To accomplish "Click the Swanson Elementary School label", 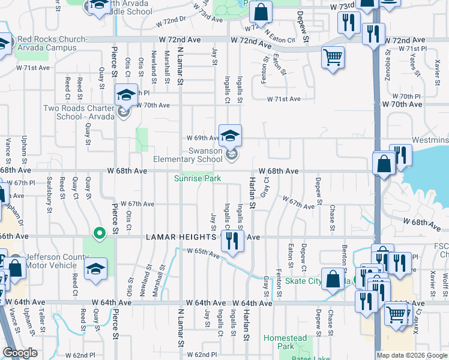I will point(188,155).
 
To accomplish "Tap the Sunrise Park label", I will point(197,178).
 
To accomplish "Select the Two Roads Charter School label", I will point(79,112).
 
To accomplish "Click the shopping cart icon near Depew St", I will point(333,58).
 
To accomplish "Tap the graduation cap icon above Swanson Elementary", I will point(230,136).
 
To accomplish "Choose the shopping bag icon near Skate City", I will point(332,278).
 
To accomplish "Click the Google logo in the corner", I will point(20,353).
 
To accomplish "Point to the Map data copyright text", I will point(412,355).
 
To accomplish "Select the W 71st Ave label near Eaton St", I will point(283,99).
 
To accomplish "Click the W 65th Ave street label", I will point(202,251).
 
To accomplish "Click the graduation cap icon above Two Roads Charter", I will point(127,94).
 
